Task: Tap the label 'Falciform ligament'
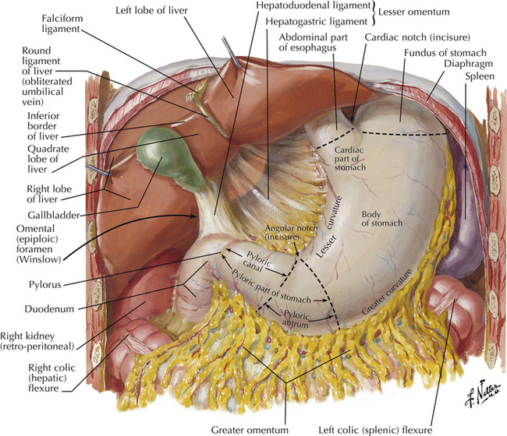(x=34, y=24)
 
